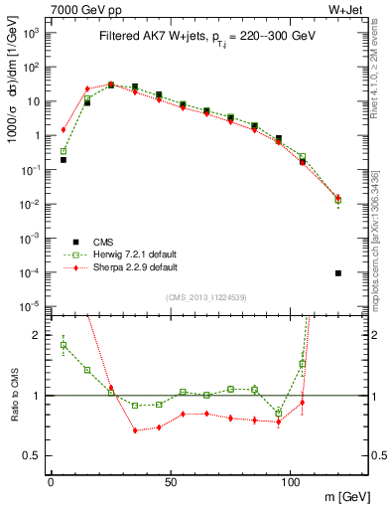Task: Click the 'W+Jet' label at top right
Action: point(348,11)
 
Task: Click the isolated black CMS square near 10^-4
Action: point(338,273)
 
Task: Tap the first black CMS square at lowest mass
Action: point(64,159)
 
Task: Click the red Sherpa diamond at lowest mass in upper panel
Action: point(64,129)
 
